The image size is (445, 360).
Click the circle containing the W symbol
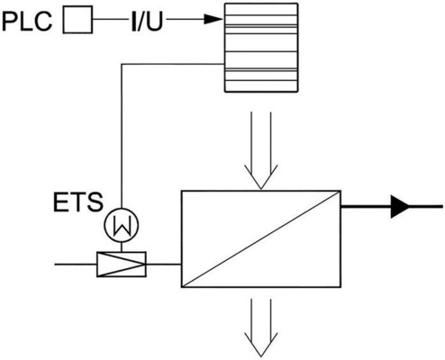click(x=118, y=222)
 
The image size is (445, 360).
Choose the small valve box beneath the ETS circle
click(x=118, y=264)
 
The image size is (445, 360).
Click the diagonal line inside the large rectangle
click(x=259, y=238)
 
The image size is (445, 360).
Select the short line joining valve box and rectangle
click(x=162, y=264)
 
